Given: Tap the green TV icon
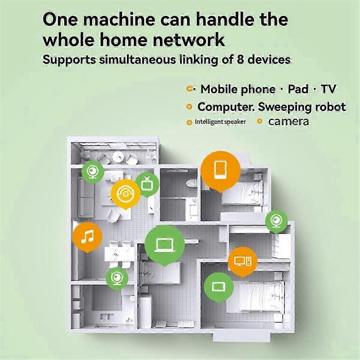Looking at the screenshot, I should [x=147, y=184].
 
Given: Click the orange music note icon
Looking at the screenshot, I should [x=87, y=236].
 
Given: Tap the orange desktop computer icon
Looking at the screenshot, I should [x=243, y=261].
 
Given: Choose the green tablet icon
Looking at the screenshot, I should [x=218, y=286].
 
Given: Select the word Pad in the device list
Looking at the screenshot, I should [x=298, y=89].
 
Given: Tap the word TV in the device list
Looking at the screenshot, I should [x=328, y=89].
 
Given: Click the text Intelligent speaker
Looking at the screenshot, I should [x=220, y=122].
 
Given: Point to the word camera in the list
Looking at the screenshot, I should [x=288, y=121].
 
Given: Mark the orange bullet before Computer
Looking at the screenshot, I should [x=189, y=106].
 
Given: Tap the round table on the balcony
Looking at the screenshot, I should [x=118, y=156].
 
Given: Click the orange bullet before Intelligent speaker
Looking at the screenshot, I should [x=189, y=122].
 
